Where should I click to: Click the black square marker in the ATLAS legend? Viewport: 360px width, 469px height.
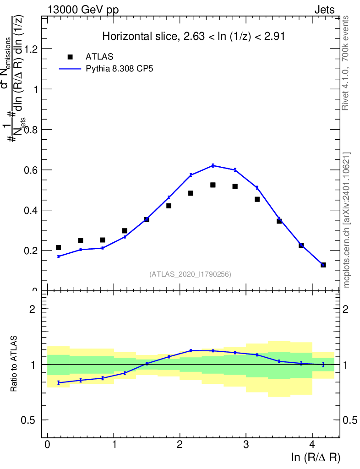70,57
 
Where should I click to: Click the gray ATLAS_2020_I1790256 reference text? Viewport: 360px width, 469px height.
190,274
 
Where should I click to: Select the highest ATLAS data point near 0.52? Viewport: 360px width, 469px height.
213,185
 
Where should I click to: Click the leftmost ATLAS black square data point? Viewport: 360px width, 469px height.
58,248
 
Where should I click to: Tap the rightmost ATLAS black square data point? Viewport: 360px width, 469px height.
323,265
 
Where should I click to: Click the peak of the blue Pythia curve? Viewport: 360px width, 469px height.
213,165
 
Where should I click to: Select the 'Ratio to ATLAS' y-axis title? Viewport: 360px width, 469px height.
14,365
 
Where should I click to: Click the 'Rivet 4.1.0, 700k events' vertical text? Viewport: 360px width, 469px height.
346,63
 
